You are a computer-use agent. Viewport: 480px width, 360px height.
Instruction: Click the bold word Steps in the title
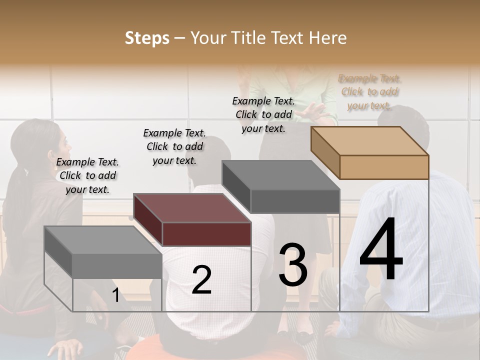pos(147,38)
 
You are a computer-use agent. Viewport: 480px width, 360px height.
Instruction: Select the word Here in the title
pos(328,38)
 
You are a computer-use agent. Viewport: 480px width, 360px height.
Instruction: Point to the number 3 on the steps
pos(293,265)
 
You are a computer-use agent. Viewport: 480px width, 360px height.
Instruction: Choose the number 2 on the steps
pos(201,280)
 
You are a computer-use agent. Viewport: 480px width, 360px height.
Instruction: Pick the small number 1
pos(115,295)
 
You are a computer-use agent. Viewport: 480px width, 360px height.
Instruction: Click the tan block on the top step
pos(370,153)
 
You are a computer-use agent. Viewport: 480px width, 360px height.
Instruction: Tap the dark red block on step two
pos(192,220)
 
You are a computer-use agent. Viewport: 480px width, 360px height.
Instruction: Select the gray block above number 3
pos(281,187)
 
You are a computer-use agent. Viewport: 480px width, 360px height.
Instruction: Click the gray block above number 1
pos(103,252)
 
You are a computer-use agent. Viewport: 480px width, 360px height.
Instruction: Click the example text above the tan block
pos(369,92)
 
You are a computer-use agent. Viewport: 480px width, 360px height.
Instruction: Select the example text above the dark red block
pos(174,146)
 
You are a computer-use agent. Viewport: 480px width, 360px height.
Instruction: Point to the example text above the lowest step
pos(87,175)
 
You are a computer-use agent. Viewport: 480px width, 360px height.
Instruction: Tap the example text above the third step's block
pos(263,114)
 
